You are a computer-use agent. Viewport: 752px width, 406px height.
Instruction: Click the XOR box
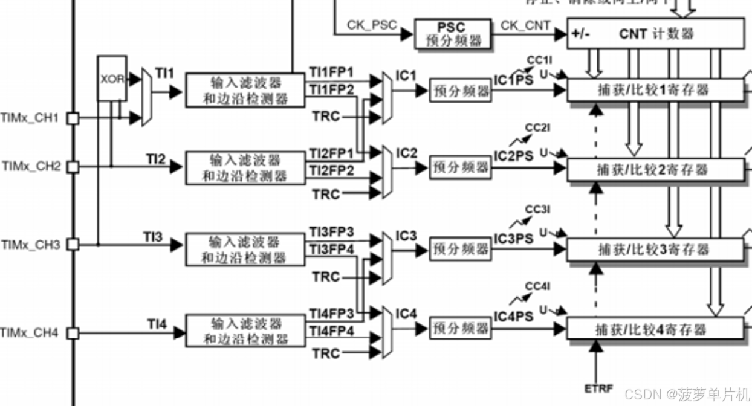click(x=112, y=79)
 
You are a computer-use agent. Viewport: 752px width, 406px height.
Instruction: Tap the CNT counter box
click(x=656, y=33)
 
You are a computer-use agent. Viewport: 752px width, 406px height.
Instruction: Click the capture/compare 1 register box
click(x=655, y=90)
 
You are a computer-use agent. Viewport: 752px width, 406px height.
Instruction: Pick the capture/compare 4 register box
click(x=655, y=329)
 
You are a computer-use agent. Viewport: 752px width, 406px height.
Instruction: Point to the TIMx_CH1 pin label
click(x=30, y=118)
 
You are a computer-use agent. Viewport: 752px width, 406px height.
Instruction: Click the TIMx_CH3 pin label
click(x=30, y=245)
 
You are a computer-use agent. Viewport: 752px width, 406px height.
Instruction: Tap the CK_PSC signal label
click(x=372, y=25)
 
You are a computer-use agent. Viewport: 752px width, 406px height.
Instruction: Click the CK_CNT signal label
click(x=526, y=25)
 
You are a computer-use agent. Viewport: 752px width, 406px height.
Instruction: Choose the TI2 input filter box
click(x=245, y=168)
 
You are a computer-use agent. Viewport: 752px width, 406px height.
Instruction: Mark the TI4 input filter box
click(x=245, y=330)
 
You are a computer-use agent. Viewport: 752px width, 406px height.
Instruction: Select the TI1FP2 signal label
click(x=332, y=89)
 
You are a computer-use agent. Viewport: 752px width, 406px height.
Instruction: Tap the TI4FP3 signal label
click(x=332, y=313)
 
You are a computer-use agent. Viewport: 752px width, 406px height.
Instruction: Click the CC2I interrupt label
click(x=537, y=128)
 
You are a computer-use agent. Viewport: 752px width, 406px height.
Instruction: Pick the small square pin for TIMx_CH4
click(x=73, y=333)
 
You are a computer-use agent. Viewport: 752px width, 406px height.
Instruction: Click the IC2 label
click(x=406, y=153)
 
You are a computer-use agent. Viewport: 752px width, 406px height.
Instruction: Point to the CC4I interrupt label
click(x=537, y=286)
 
